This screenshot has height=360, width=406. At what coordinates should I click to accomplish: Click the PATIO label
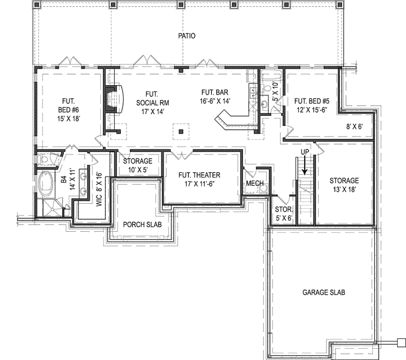point(186,36)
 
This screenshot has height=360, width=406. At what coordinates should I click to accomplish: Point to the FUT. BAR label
point(216,96)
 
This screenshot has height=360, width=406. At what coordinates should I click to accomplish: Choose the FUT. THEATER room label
point(199,179)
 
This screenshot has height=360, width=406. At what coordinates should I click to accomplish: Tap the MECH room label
point(255,183)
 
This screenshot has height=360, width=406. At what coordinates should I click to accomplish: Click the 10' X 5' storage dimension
point(137,170)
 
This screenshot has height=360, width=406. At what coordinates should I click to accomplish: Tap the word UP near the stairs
point(305,152)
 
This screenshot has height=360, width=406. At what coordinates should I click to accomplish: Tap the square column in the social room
point(180,132)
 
